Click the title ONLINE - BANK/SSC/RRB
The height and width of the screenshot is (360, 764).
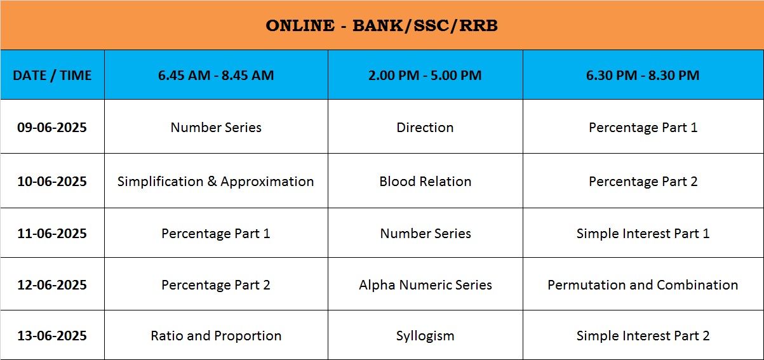(x=382, y=25)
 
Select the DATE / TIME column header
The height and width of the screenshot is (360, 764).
(x=52, y=76)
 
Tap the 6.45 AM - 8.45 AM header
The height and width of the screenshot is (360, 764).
(x=216, y=76)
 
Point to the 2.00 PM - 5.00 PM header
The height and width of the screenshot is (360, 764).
(x=425, y=76)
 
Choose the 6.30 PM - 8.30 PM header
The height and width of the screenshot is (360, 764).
(x=643, y=76)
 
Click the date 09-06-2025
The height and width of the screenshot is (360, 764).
(x=52, y=128)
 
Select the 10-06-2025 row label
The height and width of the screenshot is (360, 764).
(x=52, y=182)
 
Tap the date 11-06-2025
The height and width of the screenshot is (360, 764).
(x=52, y=234)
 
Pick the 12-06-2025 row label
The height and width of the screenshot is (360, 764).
(x=52, y=285)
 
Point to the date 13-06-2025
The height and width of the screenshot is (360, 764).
(x=52, y=336)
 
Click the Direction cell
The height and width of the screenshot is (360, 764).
(x=425, y=128)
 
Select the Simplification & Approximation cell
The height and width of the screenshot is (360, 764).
(x=215, y=182)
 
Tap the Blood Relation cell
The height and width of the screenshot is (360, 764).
(x=426, y=182)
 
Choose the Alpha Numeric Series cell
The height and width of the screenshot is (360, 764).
(x=426, y=285)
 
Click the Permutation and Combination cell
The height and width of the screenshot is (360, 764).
(x=643, y=285)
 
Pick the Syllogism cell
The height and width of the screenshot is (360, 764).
(x=425, y=337)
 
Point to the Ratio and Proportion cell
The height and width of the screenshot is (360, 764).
(x=216, y=337)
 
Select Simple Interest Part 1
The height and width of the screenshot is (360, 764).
(x=643, y=234)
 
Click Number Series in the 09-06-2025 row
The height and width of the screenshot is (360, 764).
(x=216, y=128)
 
